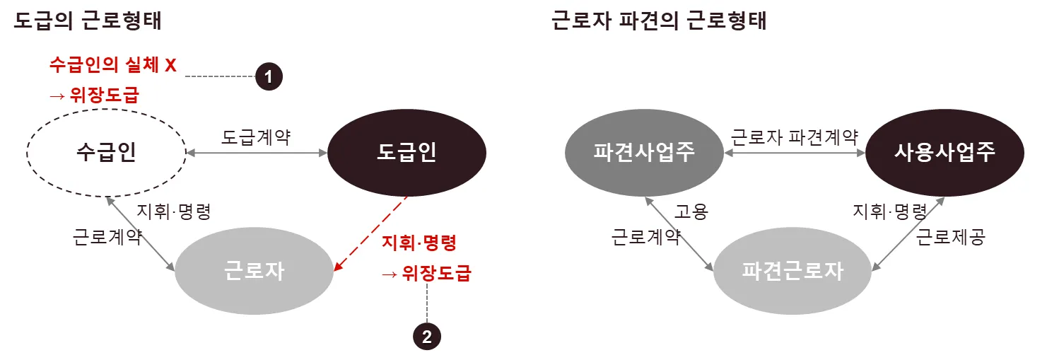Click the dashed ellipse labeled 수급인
(105, 152)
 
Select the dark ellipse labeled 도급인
(406, 152)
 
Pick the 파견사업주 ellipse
(644, 152)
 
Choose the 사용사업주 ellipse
(945, 152)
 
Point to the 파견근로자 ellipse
(792, 270)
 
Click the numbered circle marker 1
(269, 76)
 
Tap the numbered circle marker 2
(426, 337)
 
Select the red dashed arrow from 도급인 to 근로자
(371, 233)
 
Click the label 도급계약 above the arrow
(256, 137)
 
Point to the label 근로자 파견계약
(794, 137)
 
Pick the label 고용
(691, 211)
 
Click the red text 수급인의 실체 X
(112, 65)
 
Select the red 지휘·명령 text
(419, 243)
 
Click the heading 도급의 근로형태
(88, 21)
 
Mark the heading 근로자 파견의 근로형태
(659, 21)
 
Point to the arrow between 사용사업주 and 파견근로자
(908, 233)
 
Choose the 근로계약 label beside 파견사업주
(645, 237)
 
